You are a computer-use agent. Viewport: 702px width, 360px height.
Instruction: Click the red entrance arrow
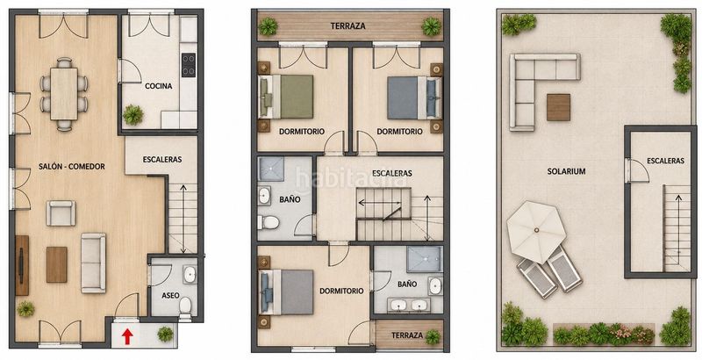127,336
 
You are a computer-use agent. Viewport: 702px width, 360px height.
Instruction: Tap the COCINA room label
159,86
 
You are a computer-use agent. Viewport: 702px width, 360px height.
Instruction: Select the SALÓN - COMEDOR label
72,167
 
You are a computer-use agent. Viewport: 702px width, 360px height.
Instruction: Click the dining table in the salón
64,94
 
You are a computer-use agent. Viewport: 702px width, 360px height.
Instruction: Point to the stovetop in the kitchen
189,65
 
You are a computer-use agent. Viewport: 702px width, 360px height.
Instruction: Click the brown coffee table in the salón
57,264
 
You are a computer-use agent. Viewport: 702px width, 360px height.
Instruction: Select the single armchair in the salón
61,213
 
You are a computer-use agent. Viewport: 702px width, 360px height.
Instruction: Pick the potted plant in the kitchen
133,115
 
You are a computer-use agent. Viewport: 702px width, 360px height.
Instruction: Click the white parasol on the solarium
536,232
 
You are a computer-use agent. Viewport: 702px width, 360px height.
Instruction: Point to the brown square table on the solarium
558,107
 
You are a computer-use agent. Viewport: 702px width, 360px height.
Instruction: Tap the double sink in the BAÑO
408,305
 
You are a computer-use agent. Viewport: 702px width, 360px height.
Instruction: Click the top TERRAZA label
347,26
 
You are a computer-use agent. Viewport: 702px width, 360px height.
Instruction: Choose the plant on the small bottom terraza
433,336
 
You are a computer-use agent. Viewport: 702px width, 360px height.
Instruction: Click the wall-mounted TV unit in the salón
22,265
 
